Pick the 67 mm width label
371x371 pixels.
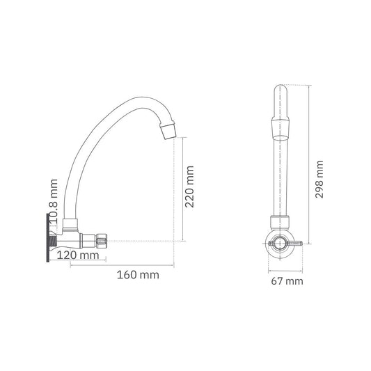287,281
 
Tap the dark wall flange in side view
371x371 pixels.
47,237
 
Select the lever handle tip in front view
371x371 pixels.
301,243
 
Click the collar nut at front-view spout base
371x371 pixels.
280,223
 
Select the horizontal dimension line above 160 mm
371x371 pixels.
122,265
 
